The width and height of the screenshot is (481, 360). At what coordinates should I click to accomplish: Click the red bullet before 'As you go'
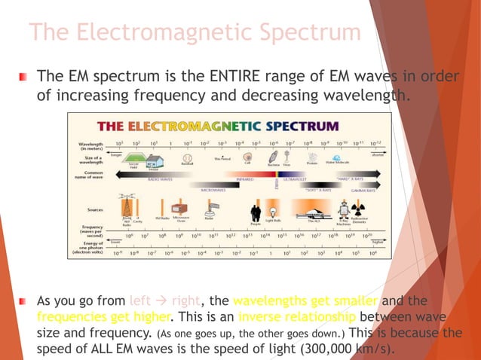point(23,301)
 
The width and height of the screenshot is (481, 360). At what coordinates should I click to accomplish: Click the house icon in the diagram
point(155,160)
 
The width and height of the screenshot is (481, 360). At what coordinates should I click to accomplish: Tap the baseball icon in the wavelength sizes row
point(186,159)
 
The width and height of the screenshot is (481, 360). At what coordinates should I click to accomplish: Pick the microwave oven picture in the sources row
point(181,209)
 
